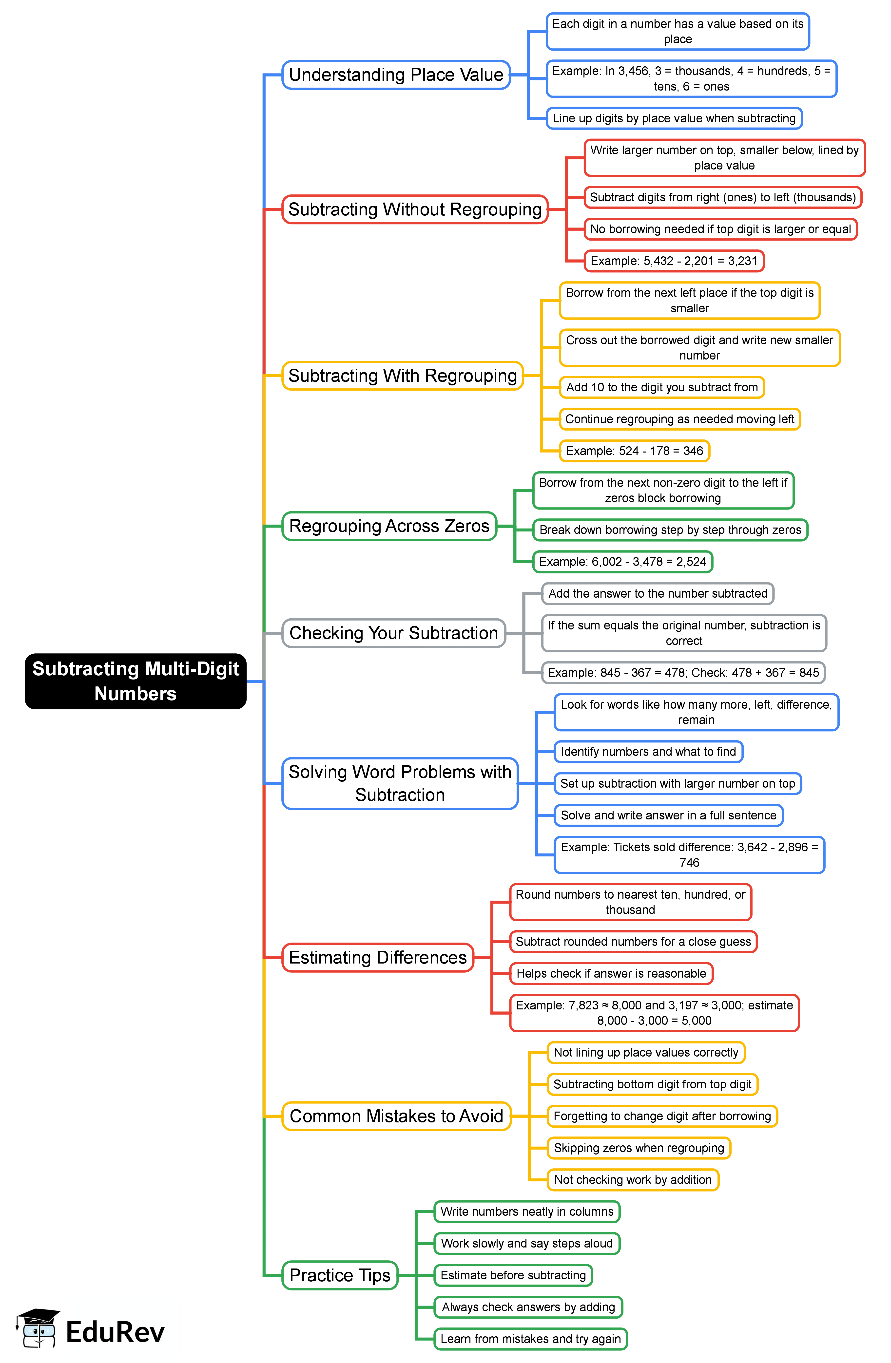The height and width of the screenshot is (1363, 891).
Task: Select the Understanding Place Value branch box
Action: click(396, 75)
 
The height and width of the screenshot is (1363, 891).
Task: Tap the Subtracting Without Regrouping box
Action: click(415, 209)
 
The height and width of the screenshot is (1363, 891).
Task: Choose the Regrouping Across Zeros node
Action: click(389, 526)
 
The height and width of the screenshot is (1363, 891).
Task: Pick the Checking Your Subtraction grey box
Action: click(394, 633)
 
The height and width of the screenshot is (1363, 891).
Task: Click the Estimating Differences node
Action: click(378, 957)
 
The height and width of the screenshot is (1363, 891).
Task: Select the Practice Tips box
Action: click(340, 1275)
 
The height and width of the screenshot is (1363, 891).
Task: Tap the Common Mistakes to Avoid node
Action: click(396, 1116)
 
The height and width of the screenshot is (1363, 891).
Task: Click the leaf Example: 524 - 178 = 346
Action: click(634, 451)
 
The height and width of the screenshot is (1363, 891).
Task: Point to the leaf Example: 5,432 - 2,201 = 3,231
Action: click(674, 261)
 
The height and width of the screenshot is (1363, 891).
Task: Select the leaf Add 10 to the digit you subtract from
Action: click(662, 387)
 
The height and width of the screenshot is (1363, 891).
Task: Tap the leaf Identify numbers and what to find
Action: click(648, 751)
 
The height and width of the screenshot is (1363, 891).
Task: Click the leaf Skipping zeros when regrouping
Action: click(639, 1148)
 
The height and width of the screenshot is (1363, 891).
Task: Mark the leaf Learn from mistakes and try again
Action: click(531, 1338)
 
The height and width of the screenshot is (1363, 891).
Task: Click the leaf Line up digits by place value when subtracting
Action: click(674, 118)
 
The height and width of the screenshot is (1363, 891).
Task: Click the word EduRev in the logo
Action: click(115, 1331)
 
